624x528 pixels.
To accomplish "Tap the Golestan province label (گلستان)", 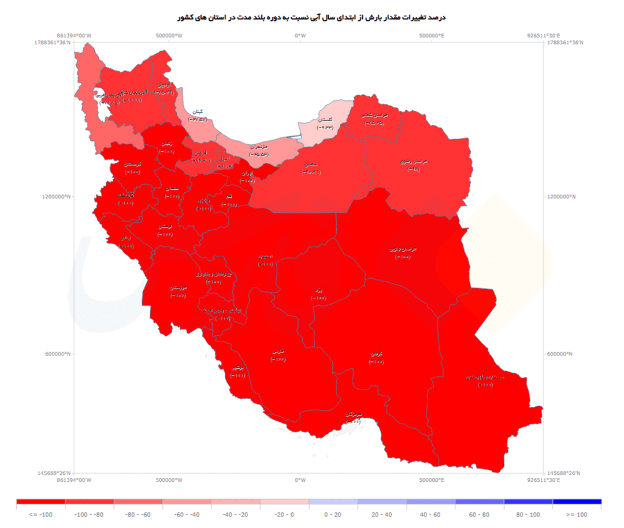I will coord(325,121).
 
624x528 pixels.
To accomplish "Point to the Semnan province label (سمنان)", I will coord(310,165).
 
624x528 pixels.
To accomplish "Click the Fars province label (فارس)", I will coord(277,353).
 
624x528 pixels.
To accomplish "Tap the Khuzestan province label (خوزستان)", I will coord(178,288).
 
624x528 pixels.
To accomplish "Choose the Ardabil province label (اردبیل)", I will coord(164,85).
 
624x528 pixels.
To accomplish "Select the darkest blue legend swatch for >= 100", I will coord(577,502).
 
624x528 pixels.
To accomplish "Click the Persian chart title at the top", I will coord(311,18).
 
